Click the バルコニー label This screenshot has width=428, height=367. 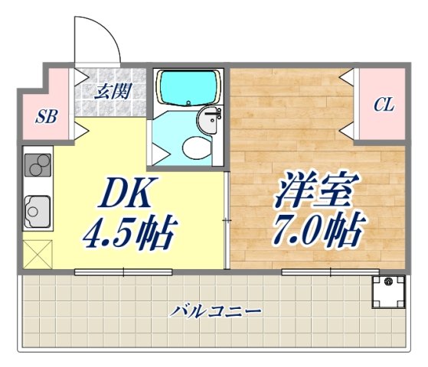click(217, 312)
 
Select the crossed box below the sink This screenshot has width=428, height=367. click(36, 252)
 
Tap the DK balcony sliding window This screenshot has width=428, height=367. click(123, 271)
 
